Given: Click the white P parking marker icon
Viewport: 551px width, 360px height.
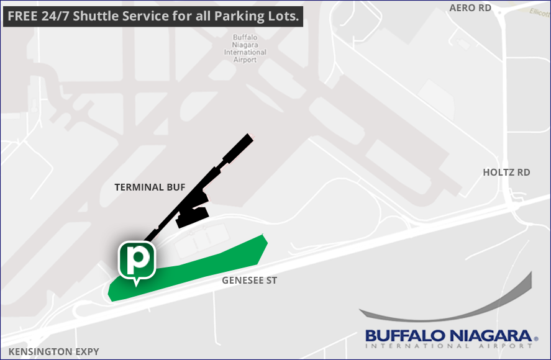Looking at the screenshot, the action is pyautogui.click(x=136, y=260).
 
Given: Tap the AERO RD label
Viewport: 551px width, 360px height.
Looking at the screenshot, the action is pyautogui.click(x=470, y=7).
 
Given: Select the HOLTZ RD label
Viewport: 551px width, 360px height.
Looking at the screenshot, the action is pyautogui.click(x=506, y=172).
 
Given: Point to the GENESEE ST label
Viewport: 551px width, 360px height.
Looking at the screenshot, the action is pyautogui.click(x=249, y=281).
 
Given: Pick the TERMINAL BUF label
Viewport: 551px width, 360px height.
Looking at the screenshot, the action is pyautogui.click(x=150, y=187).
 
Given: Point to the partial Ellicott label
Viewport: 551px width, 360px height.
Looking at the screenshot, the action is pyautogui.click(x=539, y=12).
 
